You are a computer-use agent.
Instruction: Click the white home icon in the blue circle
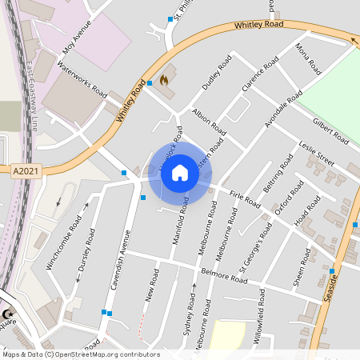pyautogui.click(x=180, y=173)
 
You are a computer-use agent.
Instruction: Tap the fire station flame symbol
pyautogui.click(x=165, y=80)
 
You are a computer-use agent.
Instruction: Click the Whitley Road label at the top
pyautogui.click(x=258, y=25)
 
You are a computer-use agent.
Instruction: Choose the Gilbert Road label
pyautogui.click(x=330, y=130)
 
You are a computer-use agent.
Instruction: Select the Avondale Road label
pyautogui.click(x=284, y=109)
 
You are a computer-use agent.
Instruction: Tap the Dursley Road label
pyautogui.click(x=86, y=250)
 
